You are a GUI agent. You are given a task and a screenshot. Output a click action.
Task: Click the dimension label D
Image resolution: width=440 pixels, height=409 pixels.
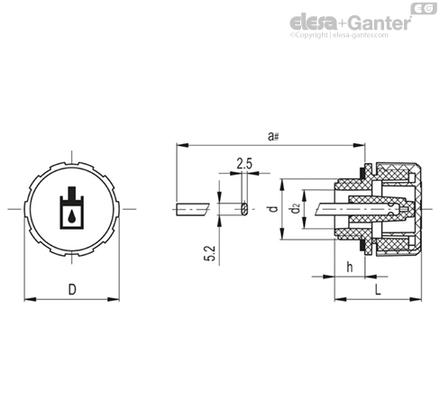click(72, 289)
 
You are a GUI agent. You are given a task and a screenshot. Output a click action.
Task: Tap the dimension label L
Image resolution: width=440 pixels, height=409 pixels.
click(378, 289)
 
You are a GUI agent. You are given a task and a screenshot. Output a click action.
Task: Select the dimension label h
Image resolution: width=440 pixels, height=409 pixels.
click(350, 267)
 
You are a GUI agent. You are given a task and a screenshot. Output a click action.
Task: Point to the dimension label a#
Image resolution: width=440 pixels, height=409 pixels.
click(273, 137)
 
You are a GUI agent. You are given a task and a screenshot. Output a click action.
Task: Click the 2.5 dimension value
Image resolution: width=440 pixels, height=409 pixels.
click(244, 164)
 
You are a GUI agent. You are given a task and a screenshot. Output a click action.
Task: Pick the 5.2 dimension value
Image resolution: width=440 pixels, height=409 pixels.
click(210, 253)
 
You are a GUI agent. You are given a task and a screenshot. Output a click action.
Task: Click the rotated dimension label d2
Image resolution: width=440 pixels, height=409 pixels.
click(296, 208)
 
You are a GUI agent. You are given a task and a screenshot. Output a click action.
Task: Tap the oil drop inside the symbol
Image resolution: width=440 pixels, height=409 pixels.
click(71, 217)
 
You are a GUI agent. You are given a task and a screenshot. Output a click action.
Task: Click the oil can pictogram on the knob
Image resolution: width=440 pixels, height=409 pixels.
click(71, 208)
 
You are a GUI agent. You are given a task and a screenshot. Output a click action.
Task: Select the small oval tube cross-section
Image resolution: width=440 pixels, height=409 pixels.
click(244, 209)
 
